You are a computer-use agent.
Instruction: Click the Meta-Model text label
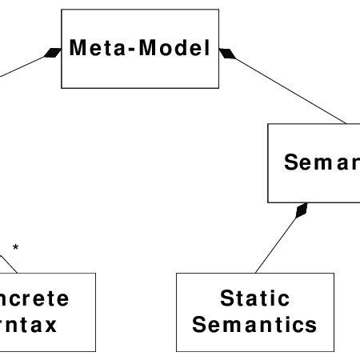139,49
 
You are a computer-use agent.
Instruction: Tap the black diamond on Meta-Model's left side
52,53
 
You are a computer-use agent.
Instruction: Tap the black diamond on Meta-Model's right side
227,53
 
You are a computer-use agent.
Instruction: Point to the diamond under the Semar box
301,211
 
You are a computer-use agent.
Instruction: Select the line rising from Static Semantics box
276,244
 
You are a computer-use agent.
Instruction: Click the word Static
255,300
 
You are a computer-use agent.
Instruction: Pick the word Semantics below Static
255,326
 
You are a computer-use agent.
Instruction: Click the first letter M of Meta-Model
78,49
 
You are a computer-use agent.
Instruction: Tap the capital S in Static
226,300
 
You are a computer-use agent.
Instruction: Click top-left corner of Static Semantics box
176,273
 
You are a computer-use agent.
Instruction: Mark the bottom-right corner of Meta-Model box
218,88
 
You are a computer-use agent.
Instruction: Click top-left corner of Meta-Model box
61,10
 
